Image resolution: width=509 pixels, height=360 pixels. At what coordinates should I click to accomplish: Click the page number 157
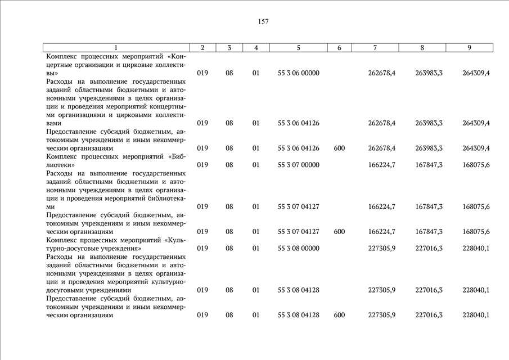tap(263, 22)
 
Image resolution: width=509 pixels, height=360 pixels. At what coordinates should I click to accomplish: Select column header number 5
tap(299, 48)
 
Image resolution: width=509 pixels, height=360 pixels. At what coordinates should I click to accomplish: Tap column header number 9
tap(469, 48)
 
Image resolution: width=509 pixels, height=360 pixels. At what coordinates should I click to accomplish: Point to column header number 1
tap(116, 48)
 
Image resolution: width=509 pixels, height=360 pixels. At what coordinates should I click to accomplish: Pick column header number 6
tap(339, 48)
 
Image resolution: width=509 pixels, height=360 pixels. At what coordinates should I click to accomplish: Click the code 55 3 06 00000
tap(299, 73)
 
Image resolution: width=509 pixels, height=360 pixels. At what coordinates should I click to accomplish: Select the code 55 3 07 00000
tap(299, 165)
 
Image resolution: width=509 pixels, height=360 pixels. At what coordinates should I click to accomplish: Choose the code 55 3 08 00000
tap(299, 248)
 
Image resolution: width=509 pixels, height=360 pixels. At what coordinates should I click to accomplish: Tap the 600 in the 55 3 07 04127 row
tap(339, 232)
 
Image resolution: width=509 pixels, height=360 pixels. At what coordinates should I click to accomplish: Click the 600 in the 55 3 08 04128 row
tap(339, 315)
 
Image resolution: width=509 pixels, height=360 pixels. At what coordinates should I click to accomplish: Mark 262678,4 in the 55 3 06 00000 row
tap(381, 73)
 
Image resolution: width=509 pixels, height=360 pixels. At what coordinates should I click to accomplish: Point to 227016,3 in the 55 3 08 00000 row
tap(429, 248)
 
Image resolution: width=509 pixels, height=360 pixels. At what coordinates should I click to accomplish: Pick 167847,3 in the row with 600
tap(429, 232)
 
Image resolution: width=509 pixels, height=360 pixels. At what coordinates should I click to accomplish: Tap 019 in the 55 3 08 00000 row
tap(202, 248)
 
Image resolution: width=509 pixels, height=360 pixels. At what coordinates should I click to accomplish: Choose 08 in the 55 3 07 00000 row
tap(229, 165)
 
